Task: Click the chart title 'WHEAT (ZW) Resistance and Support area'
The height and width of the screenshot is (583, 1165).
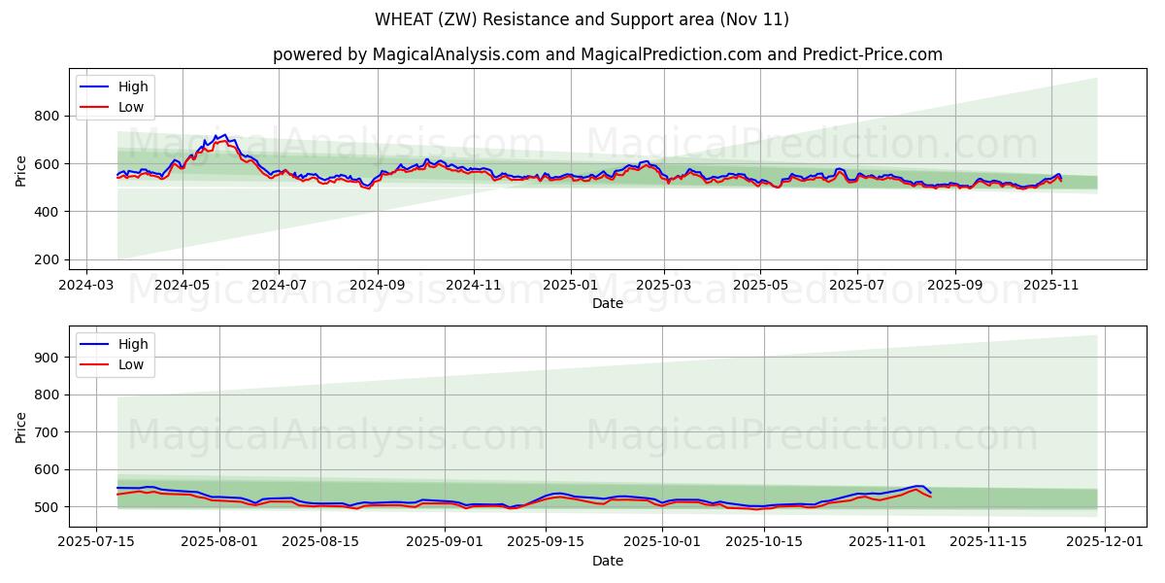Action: (582, 19)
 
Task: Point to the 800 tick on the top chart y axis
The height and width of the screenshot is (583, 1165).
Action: (48, 116)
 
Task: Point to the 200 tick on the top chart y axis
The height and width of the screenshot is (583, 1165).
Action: (48, 259)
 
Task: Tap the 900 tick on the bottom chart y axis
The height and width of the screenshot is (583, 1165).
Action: (48, 358)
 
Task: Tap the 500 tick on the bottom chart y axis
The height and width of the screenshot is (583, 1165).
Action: (48, 507)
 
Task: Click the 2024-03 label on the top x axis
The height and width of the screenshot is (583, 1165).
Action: (86, 286)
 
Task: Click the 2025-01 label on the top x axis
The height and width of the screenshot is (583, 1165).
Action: (570, 286)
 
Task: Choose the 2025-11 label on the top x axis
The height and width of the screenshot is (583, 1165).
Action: (1051, 286)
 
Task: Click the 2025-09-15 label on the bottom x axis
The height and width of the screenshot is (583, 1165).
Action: (546, 542)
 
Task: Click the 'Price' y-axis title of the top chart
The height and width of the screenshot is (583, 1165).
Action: (21, 170)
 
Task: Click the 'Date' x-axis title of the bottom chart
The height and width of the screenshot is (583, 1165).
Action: (608, 561)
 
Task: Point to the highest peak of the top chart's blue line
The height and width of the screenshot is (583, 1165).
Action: (225, 135)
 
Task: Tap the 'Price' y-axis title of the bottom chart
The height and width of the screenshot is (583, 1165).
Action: (21, 427)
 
